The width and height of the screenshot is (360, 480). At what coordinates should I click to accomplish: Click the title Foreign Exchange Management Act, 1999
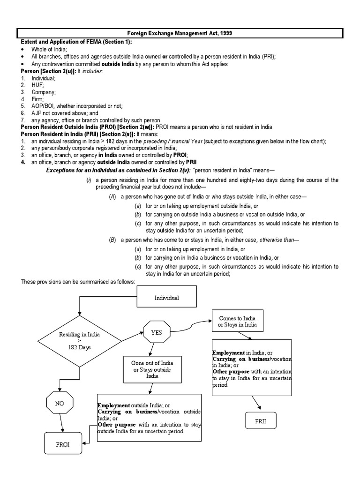[x=181, y=33]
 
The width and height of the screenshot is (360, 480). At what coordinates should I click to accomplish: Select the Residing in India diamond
[x=79, y=341]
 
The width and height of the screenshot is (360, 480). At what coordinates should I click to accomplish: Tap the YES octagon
[x=156, y=332]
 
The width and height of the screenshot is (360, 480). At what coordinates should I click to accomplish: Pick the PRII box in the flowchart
[x=261, y=421]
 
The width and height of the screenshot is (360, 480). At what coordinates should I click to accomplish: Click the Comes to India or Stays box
[x=237, y=322]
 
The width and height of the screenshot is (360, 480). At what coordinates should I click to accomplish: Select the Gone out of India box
[x=149, y=370]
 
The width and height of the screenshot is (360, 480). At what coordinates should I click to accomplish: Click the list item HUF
[x=37, y=85]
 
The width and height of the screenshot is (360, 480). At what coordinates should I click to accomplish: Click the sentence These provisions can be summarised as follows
[x=78, y=281]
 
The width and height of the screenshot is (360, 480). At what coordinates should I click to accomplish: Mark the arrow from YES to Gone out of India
[x=151, y=351]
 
